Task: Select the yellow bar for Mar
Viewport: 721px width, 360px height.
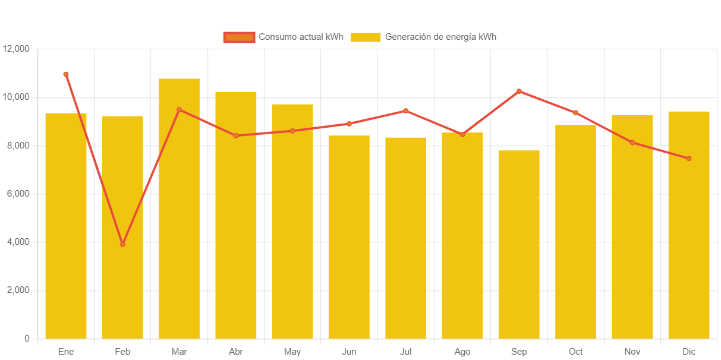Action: (x=179, y=209)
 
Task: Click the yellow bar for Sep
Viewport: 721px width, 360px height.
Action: (x=519, y=244)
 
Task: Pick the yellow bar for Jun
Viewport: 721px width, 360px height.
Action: (x=349, y=237)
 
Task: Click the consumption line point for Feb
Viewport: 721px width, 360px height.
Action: (x=122, y=244)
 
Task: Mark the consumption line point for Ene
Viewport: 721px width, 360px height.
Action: (x=66, y=74)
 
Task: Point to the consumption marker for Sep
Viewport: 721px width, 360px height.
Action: (x=519, y=91)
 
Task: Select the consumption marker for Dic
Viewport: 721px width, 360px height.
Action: (x=689, y=159)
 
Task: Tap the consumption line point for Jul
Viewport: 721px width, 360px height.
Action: (x=405, y=110)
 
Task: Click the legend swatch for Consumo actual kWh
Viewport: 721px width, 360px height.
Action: (x=239, y=37)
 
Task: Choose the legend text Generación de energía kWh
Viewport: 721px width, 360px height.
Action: (x=440, y=37)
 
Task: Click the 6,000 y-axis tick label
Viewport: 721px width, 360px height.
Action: (x=18, y=194)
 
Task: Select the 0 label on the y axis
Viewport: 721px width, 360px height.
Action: (x=27, y=339)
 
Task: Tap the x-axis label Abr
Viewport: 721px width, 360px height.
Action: (x=235, y=352)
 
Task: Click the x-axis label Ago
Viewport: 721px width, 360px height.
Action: (x=462, y=352)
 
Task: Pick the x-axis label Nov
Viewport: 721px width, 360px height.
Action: (x=632, y=352)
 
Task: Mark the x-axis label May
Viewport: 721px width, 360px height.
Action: (x=292, y=352)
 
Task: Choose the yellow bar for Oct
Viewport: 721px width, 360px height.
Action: (x=575, y=232)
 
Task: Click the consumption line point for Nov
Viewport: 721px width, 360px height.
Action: (x=632, y=143)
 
